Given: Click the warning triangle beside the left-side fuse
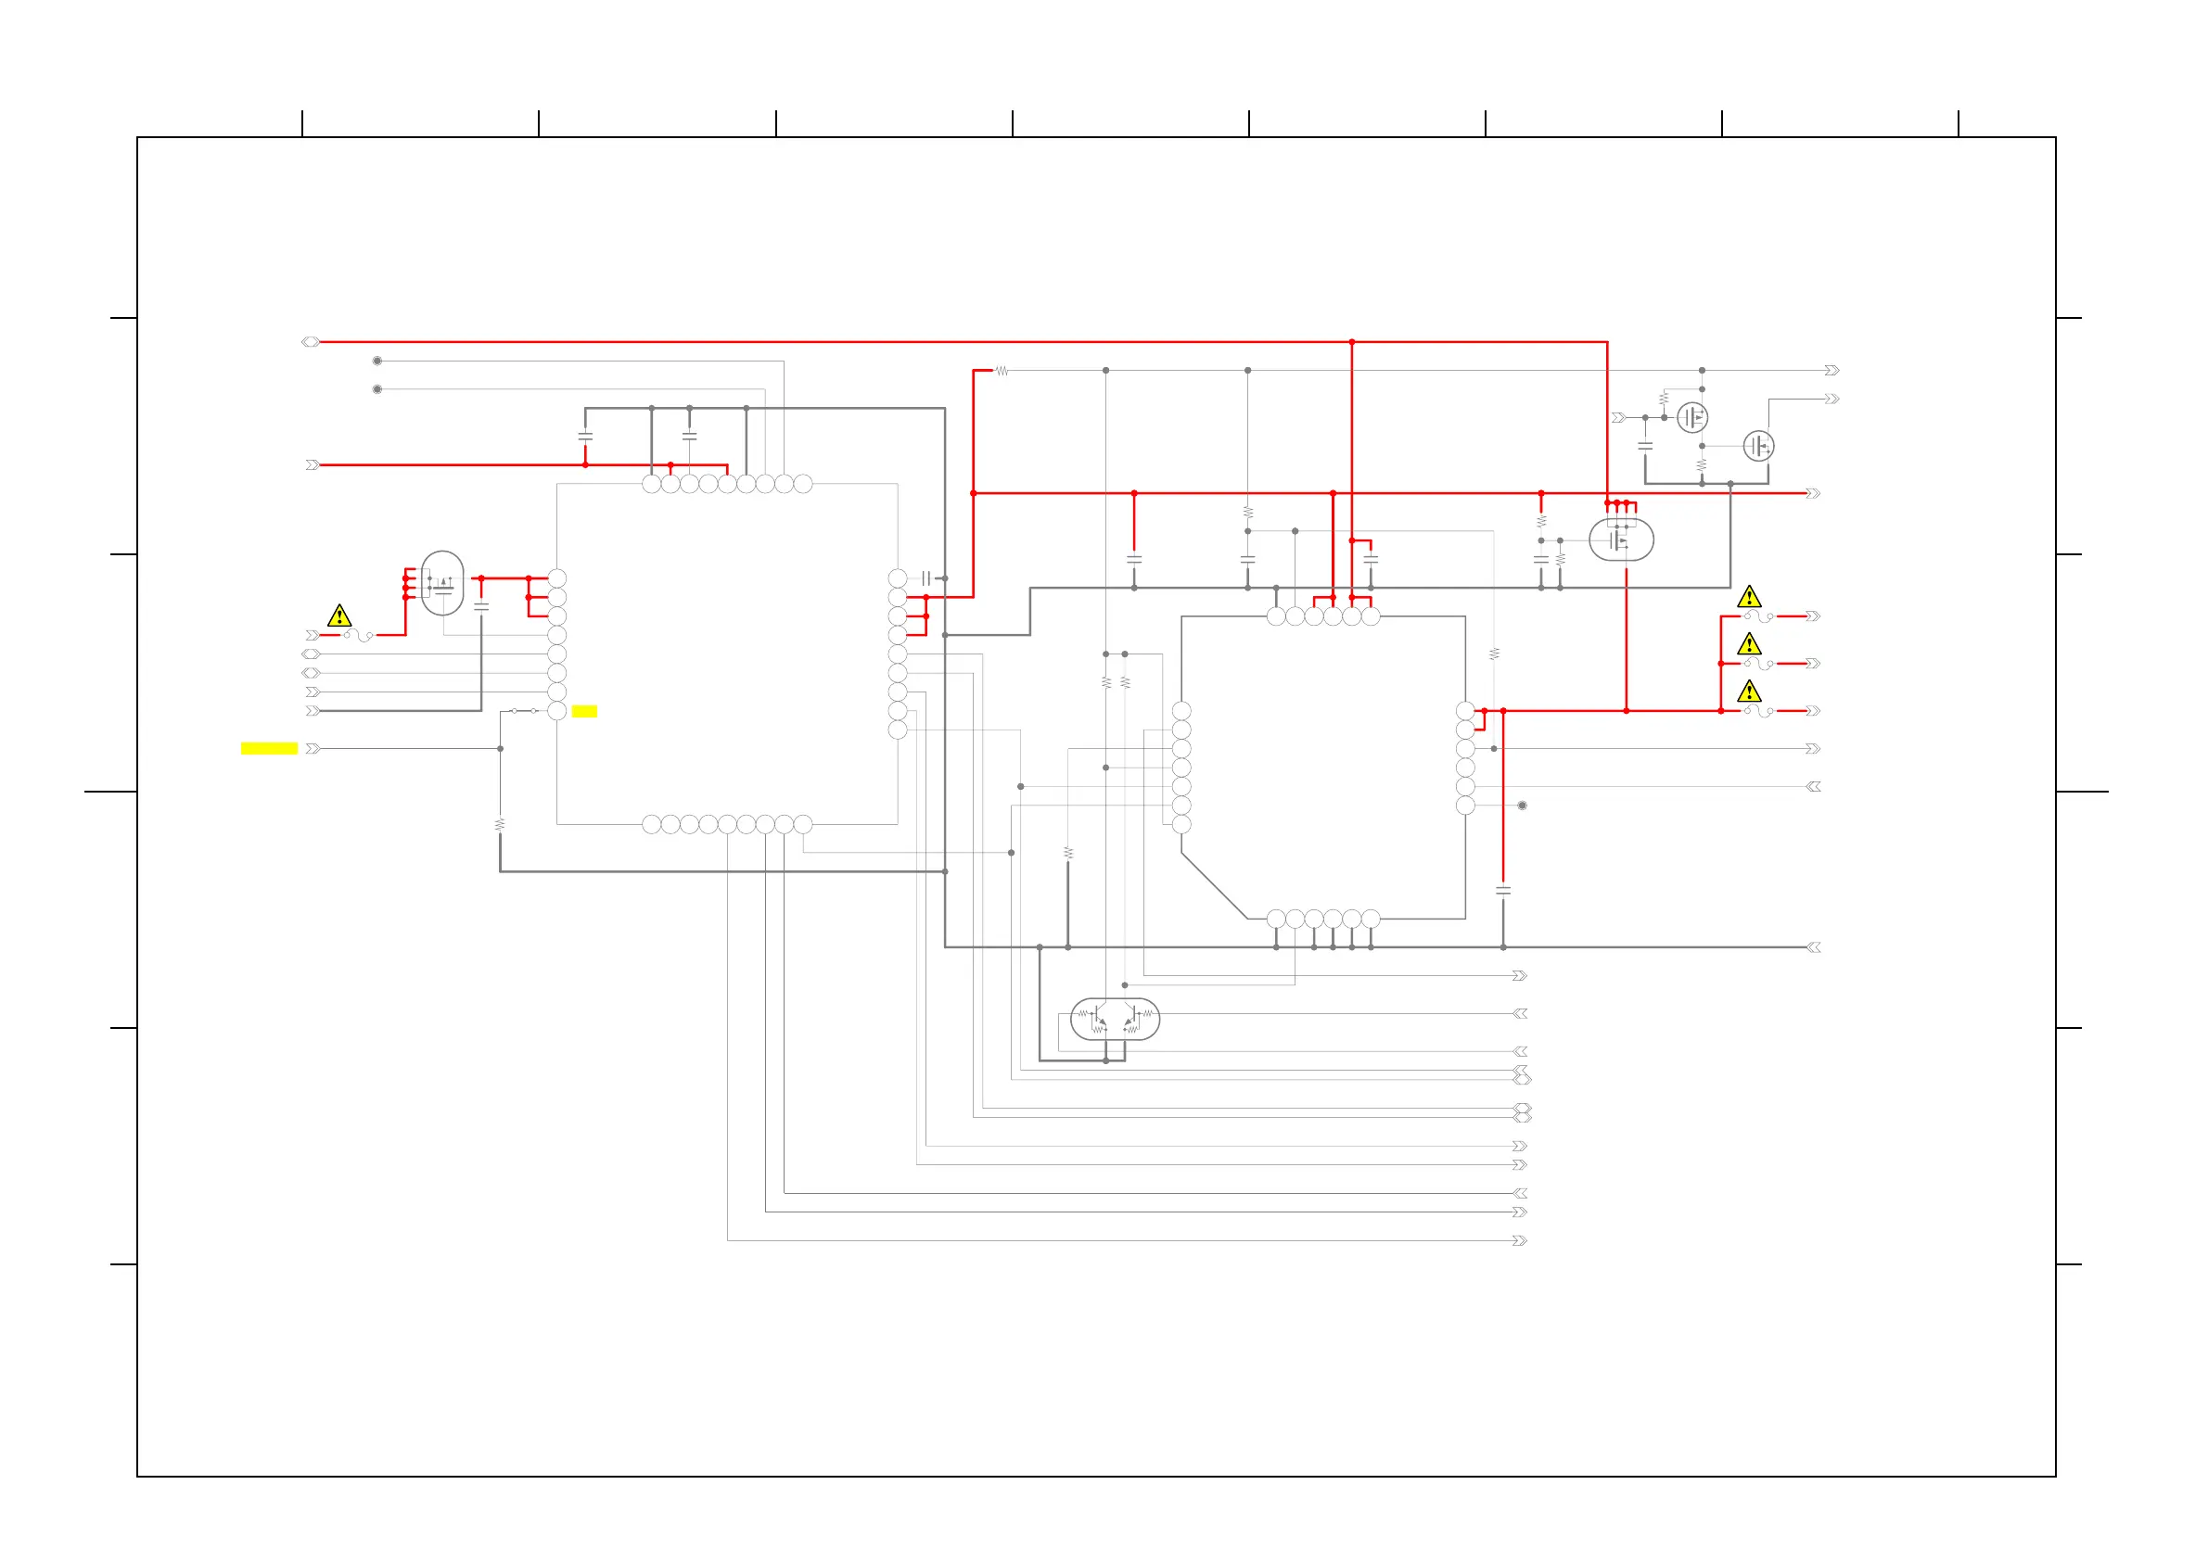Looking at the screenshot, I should coord(339,616).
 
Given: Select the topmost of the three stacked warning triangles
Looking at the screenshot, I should coord(1749,597).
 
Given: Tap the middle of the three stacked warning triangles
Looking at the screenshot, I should coord(1749,644).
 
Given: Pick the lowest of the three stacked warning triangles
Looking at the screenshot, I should coord(1749,692).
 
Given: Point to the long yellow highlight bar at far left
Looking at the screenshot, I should coord(269,749).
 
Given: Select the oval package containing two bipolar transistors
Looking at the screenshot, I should coord(1115,1019).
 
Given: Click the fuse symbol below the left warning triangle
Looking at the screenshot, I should coord(358,635).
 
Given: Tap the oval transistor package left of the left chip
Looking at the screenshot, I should coord(442,582).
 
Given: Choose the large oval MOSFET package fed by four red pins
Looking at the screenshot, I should coord(1621,540).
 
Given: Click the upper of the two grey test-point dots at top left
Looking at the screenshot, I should coord(377,362).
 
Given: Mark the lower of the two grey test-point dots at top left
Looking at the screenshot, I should coord(377,389).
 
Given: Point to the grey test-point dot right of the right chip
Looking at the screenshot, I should coord(1523,806).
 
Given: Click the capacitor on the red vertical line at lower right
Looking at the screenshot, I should coord(1503,891).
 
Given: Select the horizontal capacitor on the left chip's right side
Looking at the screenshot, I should coord(926,578).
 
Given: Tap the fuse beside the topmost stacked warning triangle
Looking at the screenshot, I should coord(1759,616).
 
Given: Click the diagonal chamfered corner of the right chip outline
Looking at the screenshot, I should coord(1214,885).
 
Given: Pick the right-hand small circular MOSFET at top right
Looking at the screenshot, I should coord(1758,446).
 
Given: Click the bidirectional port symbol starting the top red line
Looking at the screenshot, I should coord(310,342).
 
